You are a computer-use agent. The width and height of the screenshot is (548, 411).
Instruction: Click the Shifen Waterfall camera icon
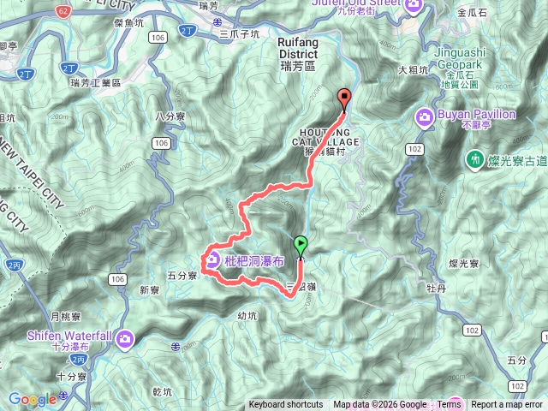click(126, 338)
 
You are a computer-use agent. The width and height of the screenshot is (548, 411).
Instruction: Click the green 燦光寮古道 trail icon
click(474, 159)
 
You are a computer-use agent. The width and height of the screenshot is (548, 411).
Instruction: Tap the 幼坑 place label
click(247, 315)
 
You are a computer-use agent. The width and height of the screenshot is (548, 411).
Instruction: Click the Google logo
click(33, 399)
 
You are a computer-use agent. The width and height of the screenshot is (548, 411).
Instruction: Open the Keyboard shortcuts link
click(286, 405)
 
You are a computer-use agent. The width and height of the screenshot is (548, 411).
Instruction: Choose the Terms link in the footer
click(449, 405)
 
